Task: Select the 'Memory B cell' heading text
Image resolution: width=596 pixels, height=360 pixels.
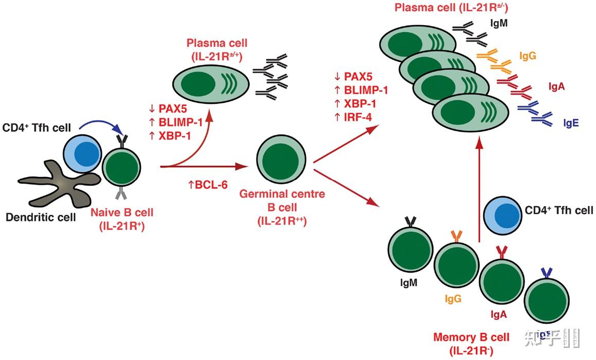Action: coord(471,338)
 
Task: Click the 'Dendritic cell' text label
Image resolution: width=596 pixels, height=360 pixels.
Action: coord(41,217)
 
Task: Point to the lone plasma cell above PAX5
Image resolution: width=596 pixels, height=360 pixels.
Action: coord(209,84)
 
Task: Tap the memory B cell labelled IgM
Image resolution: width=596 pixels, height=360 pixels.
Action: coord(407,248)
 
